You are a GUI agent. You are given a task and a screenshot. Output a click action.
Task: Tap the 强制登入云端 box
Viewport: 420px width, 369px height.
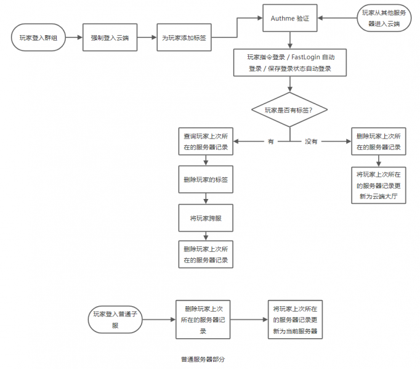(x=109, y=38)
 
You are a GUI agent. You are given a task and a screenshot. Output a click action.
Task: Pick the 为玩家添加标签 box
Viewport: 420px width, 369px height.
(x=184, y=38)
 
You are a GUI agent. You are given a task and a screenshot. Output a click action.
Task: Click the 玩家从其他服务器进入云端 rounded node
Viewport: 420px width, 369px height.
(x=384, y=19)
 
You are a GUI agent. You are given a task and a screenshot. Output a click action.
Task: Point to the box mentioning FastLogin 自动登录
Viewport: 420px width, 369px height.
(x=290, y=62)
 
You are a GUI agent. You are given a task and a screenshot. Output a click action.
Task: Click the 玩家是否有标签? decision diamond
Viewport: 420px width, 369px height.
(x=289, y=110)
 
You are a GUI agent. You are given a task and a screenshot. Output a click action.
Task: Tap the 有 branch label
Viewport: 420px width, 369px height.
(x=270, y=142)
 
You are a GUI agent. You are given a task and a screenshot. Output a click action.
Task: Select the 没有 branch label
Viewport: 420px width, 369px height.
(x=311, y=142)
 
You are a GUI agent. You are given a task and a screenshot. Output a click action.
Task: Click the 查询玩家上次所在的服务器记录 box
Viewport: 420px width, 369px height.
(x=206, y=142)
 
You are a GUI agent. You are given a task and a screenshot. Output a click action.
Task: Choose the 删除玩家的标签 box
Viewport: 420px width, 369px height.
(x=206, y=180)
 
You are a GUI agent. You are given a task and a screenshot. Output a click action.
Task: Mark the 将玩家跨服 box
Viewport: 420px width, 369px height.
(x=206, y=217)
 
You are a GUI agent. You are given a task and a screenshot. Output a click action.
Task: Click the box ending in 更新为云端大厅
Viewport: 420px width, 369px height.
(x=379, y=185)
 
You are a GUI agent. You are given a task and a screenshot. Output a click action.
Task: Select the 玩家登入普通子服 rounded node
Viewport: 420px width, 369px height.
(x=115, y=320)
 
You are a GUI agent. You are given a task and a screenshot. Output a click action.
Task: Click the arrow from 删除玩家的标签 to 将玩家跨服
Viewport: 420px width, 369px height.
(x=206, y=199)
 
